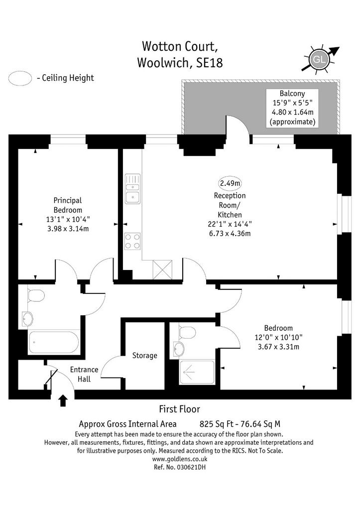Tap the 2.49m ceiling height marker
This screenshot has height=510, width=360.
230,183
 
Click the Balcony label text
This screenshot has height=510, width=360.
292,94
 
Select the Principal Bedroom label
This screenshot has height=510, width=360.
68,205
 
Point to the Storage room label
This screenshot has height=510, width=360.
145,356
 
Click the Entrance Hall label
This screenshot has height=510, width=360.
84,374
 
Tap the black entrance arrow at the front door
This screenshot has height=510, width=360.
63,400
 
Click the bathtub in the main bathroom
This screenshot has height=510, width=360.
54,342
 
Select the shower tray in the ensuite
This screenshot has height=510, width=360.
197,372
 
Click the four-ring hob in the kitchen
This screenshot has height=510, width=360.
132,242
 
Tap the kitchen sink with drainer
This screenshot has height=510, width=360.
132,189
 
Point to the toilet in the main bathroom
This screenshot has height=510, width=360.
35,295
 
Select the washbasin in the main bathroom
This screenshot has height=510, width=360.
27,319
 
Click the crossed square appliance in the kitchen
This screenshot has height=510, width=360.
162,269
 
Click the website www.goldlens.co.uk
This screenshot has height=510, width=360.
180,459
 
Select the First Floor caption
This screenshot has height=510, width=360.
180,409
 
